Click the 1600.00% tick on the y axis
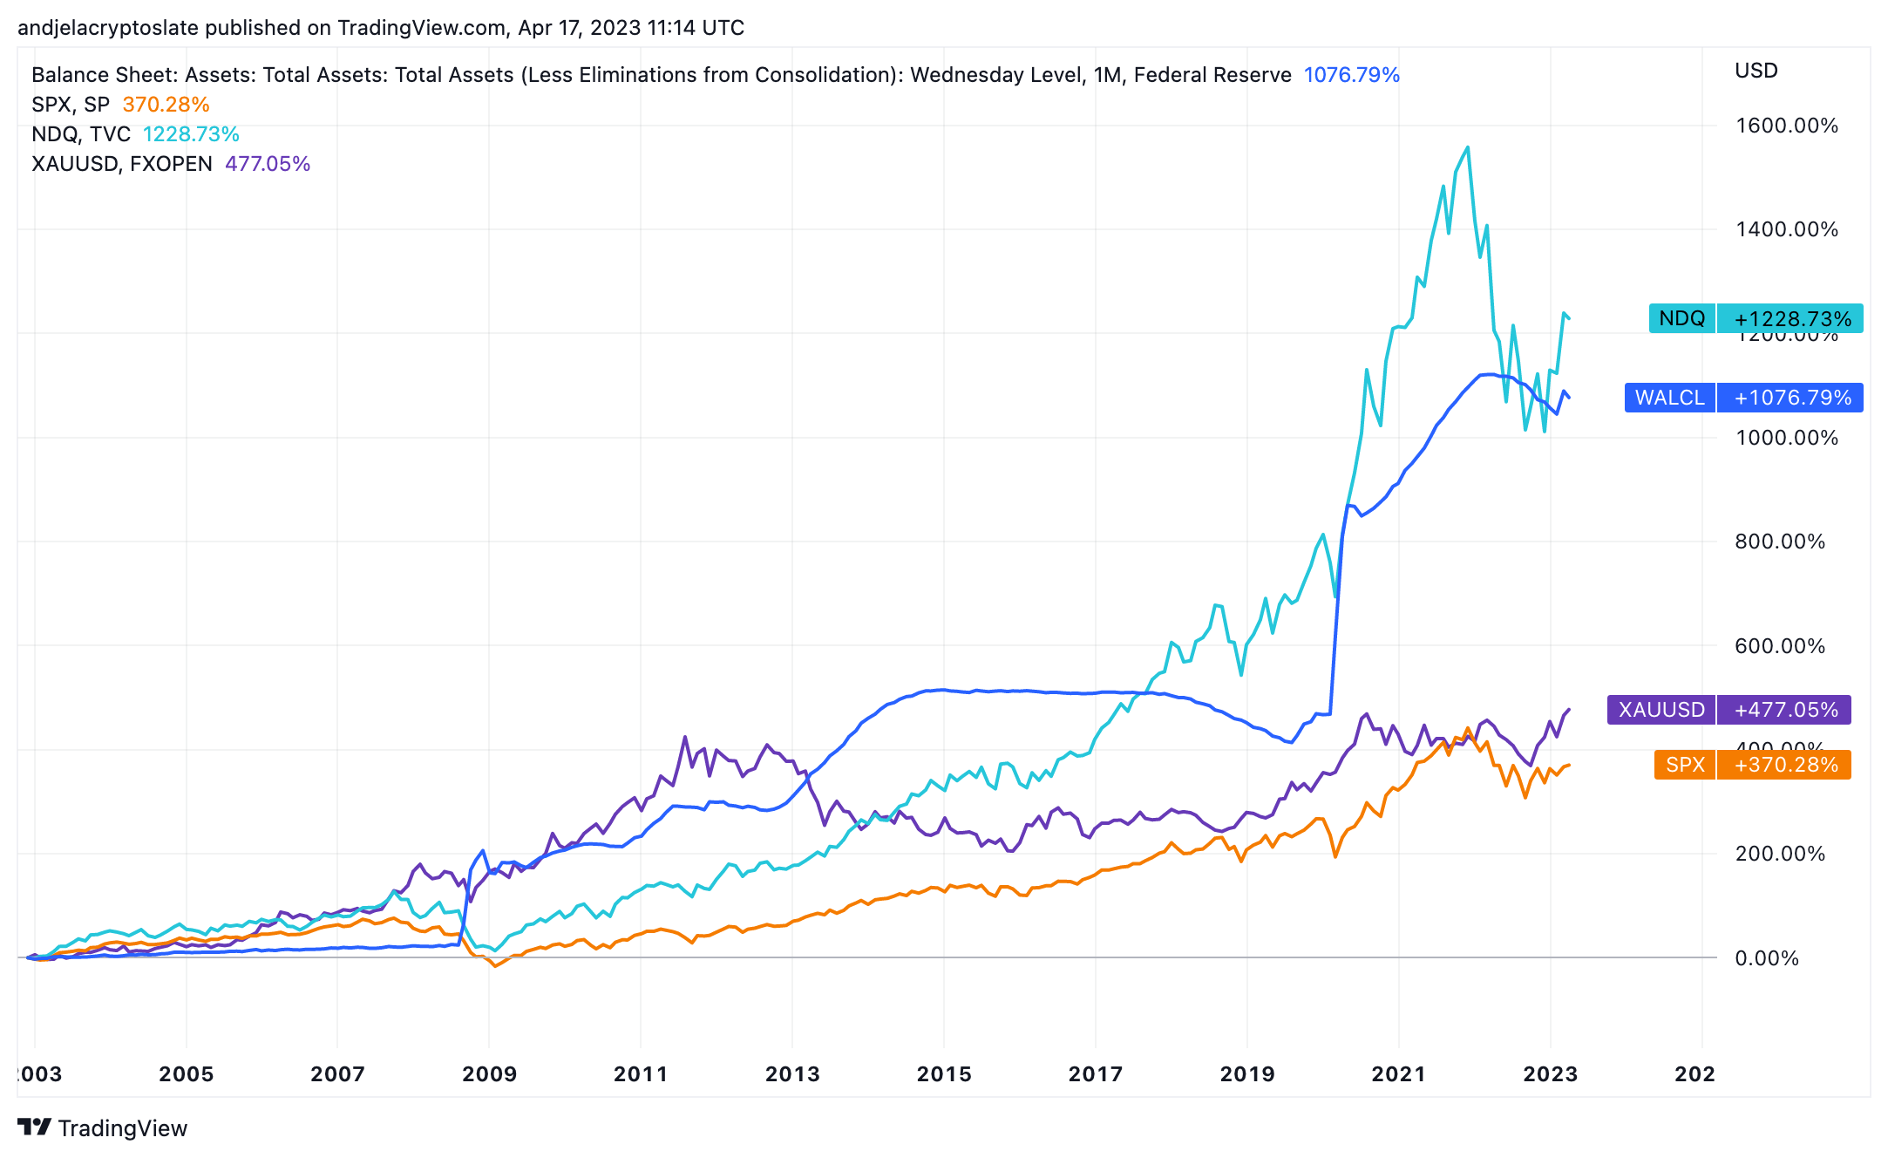tap(1786, 126)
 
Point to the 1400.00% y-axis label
tap(1786, 229)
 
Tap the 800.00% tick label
tap(1779, 542)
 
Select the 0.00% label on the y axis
tap(1766, 958)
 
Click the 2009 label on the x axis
tap(489, 1074)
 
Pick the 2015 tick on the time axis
tap(944, 1074)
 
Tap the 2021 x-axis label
tap(1398, 1074)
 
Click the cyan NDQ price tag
tap(1681, 318)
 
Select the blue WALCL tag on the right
tap(1669, 398)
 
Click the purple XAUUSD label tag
tap(1660, 710)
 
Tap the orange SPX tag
tap(1684, 765)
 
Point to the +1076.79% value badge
tap(1792, 398)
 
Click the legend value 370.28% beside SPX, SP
tap(166, 105)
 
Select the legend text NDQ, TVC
tap(81, 134)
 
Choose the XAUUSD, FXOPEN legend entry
tap(122, 164)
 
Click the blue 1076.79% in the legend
tap(1351, 75)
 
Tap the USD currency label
tap(1756, 71)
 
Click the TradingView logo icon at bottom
tap(35, 1127)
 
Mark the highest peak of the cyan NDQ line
tap(1469, 147)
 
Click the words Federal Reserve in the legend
tap(1212, 75)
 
